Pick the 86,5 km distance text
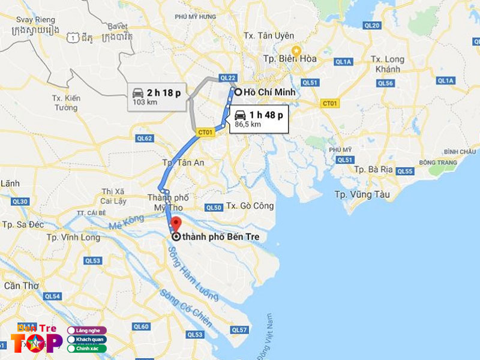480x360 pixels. pyautogui.click(x=248, y=124)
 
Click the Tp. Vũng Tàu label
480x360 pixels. pyautogui.click(x=362, y=194)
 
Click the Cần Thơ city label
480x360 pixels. pyautogui.click(x=22, y=286)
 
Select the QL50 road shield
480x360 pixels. pyautogui.click(x=214, y=208)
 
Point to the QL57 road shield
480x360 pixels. pyautogui.click(x=239, y=330)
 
